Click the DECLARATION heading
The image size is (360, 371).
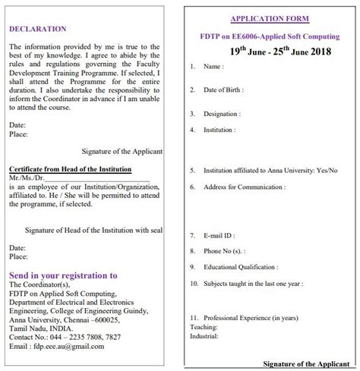pyautogui.click(x=37, y=29)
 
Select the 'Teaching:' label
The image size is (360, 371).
pyautogui.click(x=202, y=325)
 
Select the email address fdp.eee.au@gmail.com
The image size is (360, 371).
pyautogui.click(x=66, y=346)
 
